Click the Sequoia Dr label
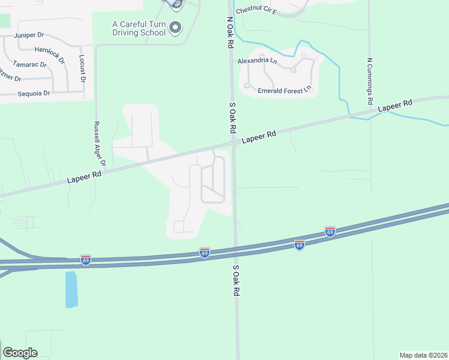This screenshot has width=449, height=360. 34,94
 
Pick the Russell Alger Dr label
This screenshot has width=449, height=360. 100,145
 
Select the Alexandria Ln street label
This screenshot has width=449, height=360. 257,61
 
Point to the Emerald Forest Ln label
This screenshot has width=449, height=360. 285,91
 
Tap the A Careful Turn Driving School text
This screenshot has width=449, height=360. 139,28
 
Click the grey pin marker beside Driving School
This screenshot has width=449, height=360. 175,27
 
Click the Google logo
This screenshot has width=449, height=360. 20,353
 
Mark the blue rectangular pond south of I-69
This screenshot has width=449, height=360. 71,289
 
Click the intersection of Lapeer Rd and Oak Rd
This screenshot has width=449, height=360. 234,143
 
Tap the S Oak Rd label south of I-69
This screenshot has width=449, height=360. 236,280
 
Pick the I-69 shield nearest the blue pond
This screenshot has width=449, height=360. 86,260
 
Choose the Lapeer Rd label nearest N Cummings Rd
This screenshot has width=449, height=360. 395,106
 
